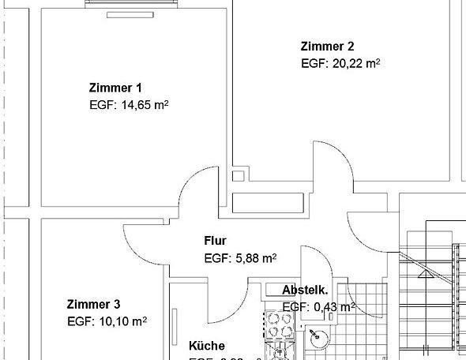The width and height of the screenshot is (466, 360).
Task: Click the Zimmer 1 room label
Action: coord(116,88)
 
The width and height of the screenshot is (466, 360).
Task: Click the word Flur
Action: coord(216,240)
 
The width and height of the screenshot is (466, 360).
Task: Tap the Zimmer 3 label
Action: coord(93,304)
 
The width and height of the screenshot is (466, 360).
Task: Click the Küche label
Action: coord(206,346)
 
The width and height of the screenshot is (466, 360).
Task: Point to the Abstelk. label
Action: coord(305,291)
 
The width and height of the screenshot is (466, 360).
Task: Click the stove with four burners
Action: coord(279,323)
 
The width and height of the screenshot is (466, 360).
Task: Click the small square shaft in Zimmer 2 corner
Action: coord(238,176)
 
